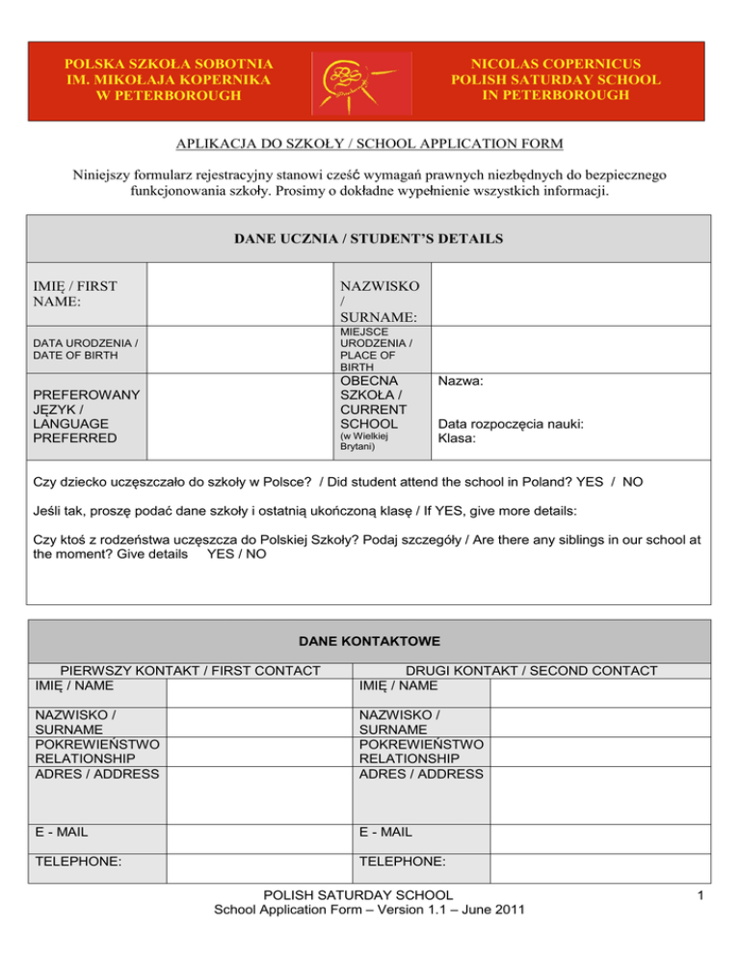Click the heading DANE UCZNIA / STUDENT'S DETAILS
[369, 238]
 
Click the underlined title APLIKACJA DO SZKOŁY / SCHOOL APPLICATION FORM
[369, 145]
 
